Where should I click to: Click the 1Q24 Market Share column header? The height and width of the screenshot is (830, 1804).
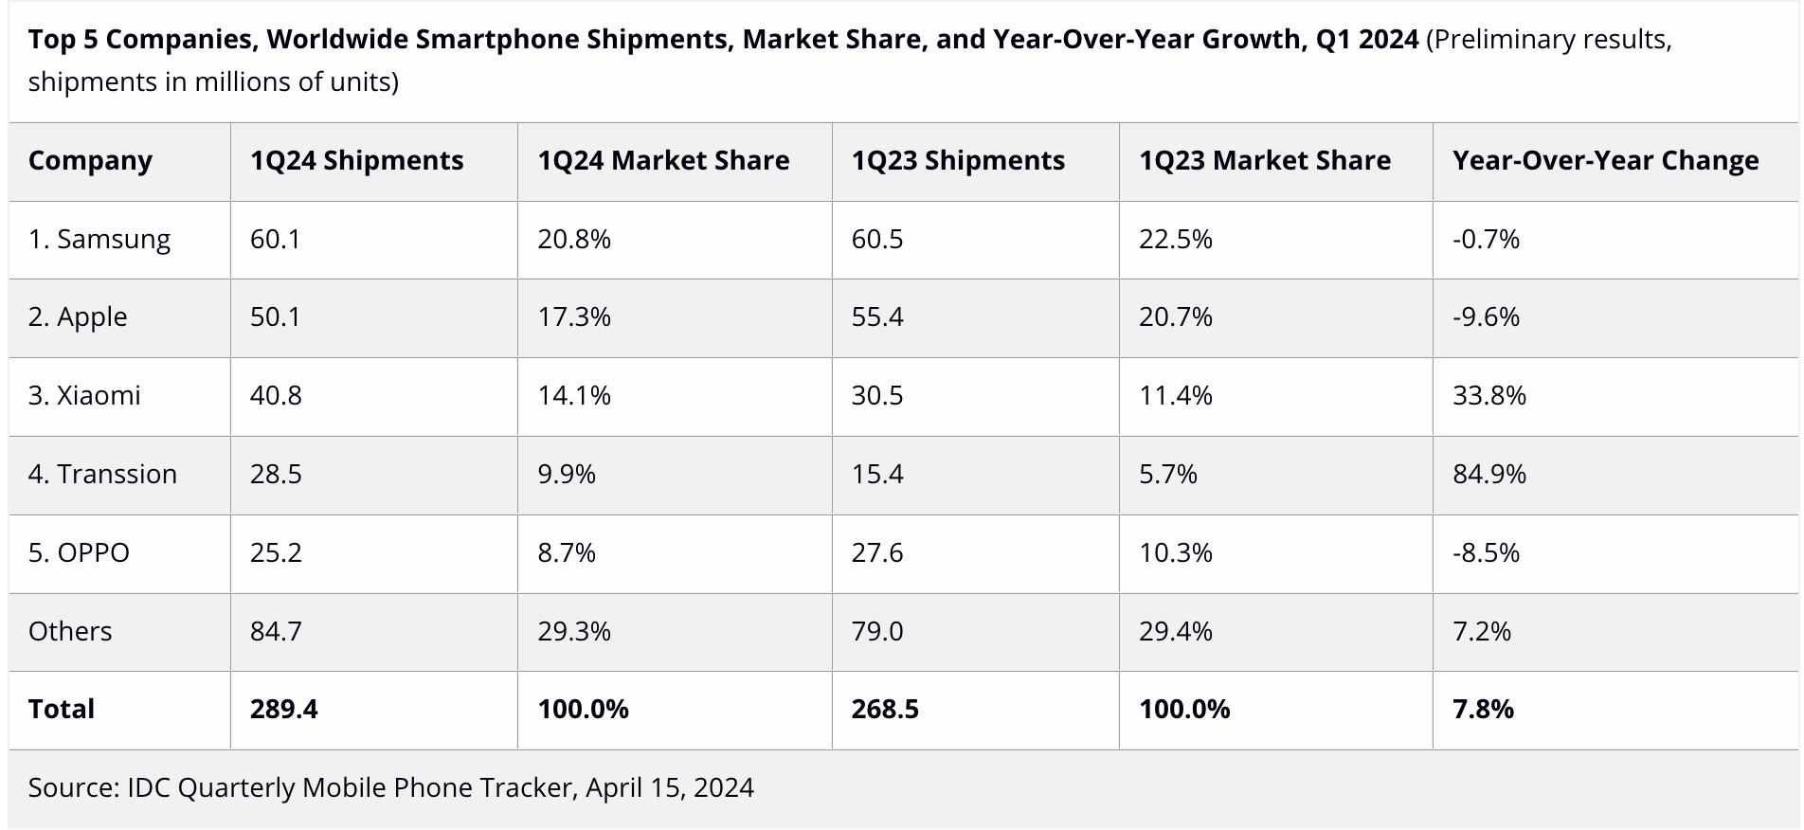coord(663,161)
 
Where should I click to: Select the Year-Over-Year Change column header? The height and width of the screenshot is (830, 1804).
coord(1605,161)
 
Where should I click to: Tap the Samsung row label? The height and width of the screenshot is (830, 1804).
coord(99,240)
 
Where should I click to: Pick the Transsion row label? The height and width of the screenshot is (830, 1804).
coord(102,474)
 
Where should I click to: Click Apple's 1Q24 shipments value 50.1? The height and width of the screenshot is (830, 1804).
coord(275,317)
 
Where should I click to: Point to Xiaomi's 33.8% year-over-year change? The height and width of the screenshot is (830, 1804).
coord(1488,395)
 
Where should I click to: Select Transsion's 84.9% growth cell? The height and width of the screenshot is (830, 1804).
coord(1488,474)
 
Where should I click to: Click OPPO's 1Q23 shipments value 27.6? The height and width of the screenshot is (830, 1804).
coord(876,552)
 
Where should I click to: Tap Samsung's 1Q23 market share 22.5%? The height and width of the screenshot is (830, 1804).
coord(1175,240)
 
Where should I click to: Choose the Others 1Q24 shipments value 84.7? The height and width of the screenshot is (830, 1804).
coord(276,631)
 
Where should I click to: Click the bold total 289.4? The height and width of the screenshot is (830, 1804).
coord(283,710)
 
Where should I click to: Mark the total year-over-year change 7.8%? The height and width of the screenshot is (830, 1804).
coord(1483,710)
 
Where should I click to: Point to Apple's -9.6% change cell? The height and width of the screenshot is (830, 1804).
coord(1486,317)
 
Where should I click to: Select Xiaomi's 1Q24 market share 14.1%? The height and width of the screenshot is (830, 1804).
coord(573,395)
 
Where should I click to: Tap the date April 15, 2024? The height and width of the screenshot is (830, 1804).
coord(669,787)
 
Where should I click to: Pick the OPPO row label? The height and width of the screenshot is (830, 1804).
coord(79,552)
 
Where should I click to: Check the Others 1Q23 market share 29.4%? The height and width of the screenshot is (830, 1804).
coord(1175,631)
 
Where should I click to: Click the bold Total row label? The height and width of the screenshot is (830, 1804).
coord(62,710)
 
